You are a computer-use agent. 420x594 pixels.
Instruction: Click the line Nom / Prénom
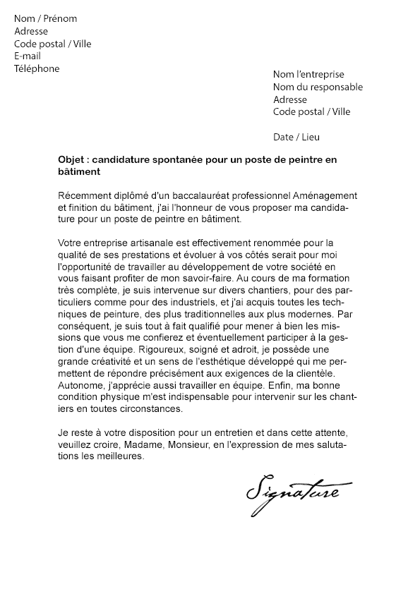45,18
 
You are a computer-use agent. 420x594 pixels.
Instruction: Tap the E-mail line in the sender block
28,56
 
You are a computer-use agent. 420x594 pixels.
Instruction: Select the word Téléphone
37,69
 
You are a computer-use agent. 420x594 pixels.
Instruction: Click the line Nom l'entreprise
308,74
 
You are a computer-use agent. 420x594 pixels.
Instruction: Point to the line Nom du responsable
318,87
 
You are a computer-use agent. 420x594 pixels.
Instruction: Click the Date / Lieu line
296,137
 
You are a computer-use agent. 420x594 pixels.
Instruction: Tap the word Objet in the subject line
71,160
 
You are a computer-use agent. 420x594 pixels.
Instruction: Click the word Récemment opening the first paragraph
83,195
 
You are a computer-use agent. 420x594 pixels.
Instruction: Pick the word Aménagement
325,195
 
